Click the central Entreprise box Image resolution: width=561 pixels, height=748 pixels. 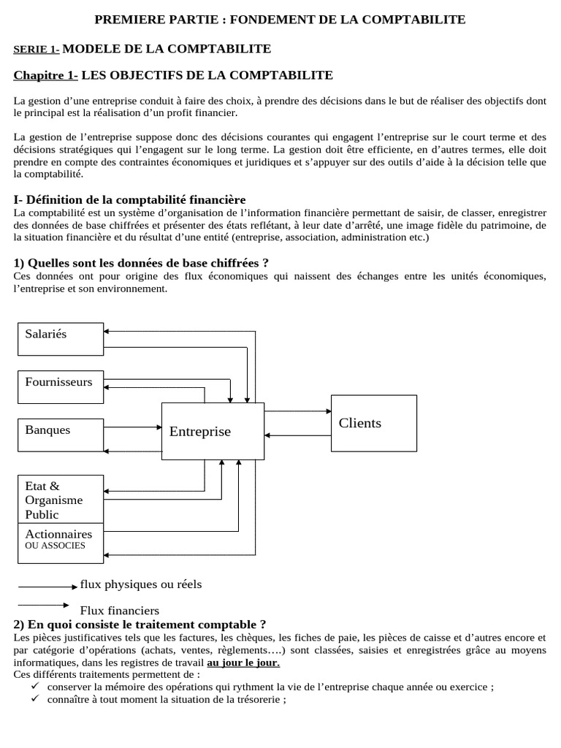tap(213, 431)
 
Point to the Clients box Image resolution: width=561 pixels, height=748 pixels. tap(374, 424)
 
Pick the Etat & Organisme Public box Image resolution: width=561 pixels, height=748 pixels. tap(60, 500)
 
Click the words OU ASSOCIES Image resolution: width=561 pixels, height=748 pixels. tap(55, 546)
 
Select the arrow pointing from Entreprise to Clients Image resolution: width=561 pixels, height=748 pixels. tap(297, 411)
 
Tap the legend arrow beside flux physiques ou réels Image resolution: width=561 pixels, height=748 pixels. tap(47, 587)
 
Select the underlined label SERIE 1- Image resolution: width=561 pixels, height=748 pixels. tap(37, 50)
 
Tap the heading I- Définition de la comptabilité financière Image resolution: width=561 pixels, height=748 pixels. tap(130, 199)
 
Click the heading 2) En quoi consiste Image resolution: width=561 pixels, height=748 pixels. tap(140, 625)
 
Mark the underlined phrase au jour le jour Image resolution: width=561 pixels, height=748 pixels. tap(243, 663)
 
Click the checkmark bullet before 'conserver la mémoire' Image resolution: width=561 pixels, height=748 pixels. tap(35, 687)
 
